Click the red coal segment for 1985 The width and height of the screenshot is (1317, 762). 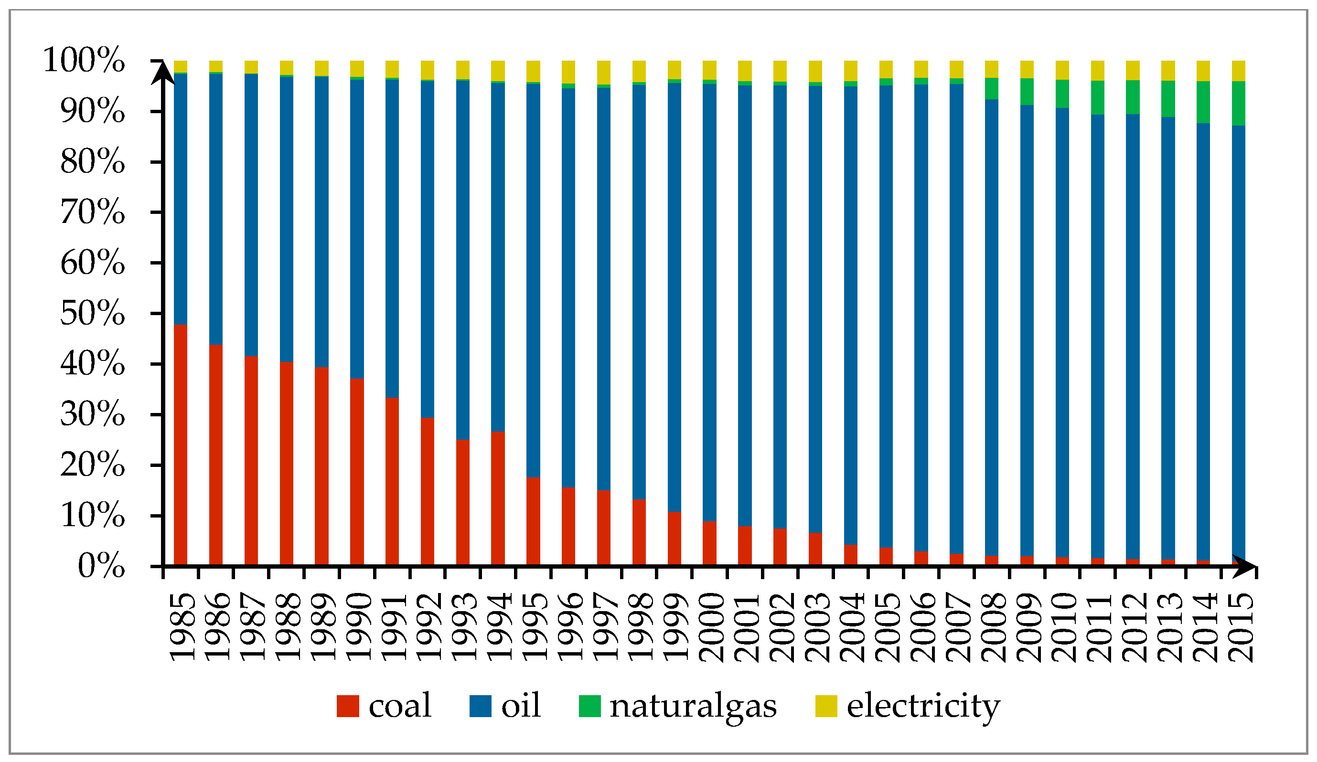pos(180,444)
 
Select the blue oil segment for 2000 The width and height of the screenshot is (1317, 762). pos(709,303)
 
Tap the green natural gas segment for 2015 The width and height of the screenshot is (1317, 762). pos(1238,104)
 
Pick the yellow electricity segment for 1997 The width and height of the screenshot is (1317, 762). pos(603,72)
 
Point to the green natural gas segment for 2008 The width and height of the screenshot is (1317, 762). pos(991,88)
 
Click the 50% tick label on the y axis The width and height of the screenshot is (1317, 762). pos(93,313)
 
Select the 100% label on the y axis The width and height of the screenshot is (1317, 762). pos(84,60)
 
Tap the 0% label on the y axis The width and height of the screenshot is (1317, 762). pos(101,566)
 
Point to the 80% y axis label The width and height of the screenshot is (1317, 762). pos(93,161)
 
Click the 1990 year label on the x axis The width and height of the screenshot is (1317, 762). pos(359,627)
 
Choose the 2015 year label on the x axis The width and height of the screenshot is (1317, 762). pos(1240,627)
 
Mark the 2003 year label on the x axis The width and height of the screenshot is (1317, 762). pos(817,627)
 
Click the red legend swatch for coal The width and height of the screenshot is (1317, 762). pos(348,706)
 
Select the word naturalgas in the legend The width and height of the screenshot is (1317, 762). pos(693,706)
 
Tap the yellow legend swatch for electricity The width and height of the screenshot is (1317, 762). pos(826,706)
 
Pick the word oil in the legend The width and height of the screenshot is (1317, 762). pos(521,706)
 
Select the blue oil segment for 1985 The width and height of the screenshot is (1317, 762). pos(180,199)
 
